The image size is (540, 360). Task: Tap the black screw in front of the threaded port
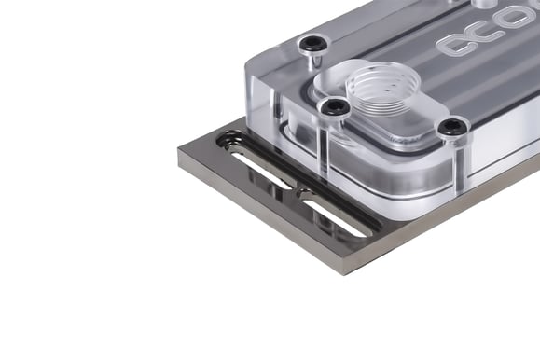pyautogui.click(x=333, y=109)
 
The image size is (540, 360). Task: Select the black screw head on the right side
pyautogui.click(x=453, y=126)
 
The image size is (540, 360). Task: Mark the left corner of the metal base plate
pyautogui.click(x=179, y=149)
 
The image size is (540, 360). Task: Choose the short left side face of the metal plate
pyautogui.click(x=252, y=210)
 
